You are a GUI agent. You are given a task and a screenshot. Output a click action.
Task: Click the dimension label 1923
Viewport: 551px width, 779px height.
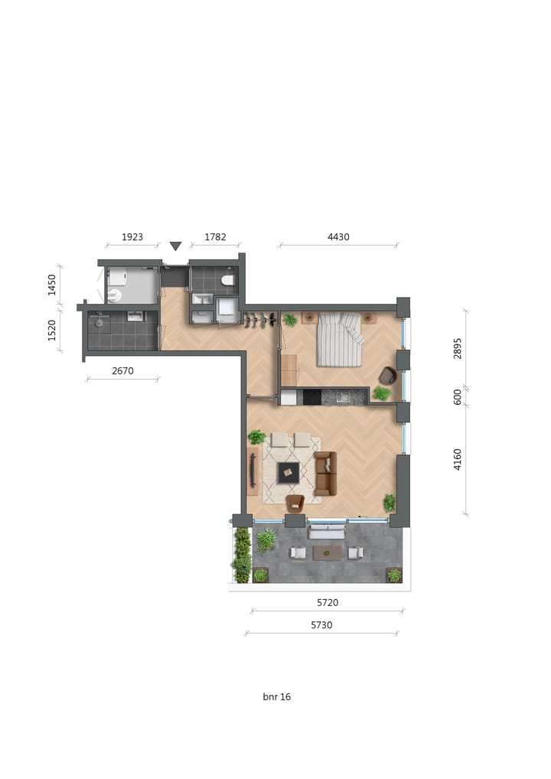132,237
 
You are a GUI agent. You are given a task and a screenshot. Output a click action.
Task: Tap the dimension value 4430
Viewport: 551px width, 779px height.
338,237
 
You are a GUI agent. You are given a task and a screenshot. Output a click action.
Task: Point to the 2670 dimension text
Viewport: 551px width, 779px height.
122,371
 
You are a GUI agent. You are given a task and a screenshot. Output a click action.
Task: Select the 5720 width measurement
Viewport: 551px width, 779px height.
327,603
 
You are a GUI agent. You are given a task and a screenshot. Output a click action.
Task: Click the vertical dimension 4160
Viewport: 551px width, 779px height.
458,459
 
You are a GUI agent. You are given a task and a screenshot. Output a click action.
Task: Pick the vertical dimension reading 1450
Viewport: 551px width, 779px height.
52,285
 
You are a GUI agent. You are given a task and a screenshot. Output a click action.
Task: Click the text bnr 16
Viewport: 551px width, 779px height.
276,697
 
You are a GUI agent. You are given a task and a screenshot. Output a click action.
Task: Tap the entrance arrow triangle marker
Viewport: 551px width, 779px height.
175,246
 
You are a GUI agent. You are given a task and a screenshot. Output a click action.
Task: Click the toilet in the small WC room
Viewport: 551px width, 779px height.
227,281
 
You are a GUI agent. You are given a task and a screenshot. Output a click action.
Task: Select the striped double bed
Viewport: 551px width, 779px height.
339,339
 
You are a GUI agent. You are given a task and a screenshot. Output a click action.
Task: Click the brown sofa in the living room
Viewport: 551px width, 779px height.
326,473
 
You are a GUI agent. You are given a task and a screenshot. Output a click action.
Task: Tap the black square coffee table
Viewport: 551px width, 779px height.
289,472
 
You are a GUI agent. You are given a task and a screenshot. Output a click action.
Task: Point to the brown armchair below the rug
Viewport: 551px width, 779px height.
295,502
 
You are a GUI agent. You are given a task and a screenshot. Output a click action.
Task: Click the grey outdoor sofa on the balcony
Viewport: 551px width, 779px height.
327,531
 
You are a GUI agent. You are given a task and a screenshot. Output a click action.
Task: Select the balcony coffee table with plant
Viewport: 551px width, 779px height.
328,552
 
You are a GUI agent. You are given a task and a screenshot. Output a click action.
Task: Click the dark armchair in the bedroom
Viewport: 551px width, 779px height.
388,375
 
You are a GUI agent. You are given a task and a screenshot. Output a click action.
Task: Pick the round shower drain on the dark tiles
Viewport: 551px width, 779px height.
99,323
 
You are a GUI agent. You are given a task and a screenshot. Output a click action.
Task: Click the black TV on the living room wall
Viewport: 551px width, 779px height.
253,469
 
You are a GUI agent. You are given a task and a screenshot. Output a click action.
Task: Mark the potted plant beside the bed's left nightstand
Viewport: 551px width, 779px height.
290,320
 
